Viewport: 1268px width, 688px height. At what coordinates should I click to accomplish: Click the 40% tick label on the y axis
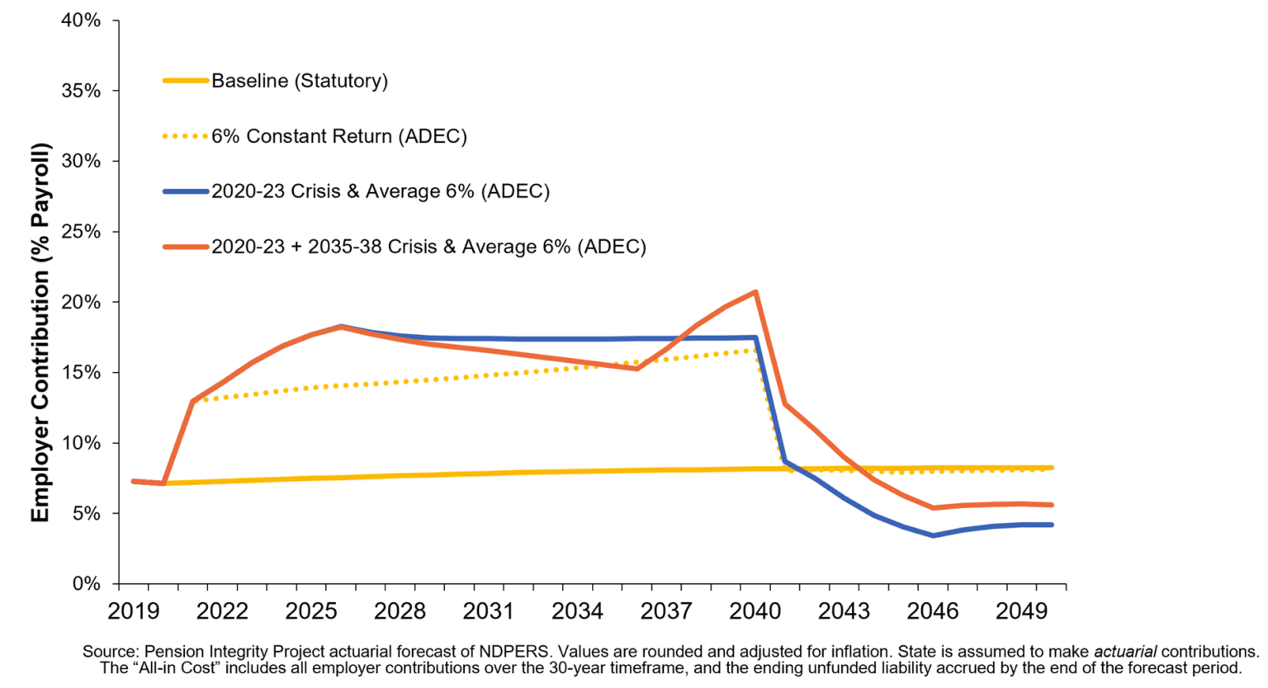point(81,20)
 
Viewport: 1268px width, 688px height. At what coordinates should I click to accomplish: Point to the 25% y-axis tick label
point(81,232)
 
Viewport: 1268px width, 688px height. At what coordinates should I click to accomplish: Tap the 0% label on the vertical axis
point(86,584)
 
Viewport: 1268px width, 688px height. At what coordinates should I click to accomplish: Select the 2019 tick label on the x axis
point(134,611)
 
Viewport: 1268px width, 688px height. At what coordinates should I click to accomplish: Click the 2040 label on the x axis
point(755,611)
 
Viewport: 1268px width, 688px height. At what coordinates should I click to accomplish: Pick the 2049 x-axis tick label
point(1022,611)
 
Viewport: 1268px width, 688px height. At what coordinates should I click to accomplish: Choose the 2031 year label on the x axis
point(489,611)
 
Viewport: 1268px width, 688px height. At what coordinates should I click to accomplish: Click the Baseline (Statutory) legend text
point(299,81)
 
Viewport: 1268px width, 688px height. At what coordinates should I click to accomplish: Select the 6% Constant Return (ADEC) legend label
point(338,136)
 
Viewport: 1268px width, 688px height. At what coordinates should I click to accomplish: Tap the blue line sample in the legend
point(185,191)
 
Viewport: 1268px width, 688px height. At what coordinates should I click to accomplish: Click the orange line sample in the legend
point(185,247)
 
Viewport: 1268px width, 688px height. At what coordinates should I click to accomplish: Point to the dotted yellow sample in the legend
point(185,136)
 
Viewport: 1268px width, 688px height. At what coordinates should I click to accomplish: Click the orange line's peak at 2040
point(755,292)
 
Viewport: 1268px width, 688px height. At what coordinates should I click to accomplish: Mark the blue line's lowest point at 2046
point(933,535)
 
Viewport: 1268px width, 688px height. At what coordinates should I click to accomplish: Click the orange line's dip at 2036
point(636,368)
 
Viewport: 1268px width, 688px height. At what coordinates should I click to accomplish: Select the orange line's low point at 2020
point(163,483)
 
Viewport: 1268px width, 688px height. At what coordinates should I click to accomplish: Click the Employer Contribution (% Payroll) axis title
point(40,332)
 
